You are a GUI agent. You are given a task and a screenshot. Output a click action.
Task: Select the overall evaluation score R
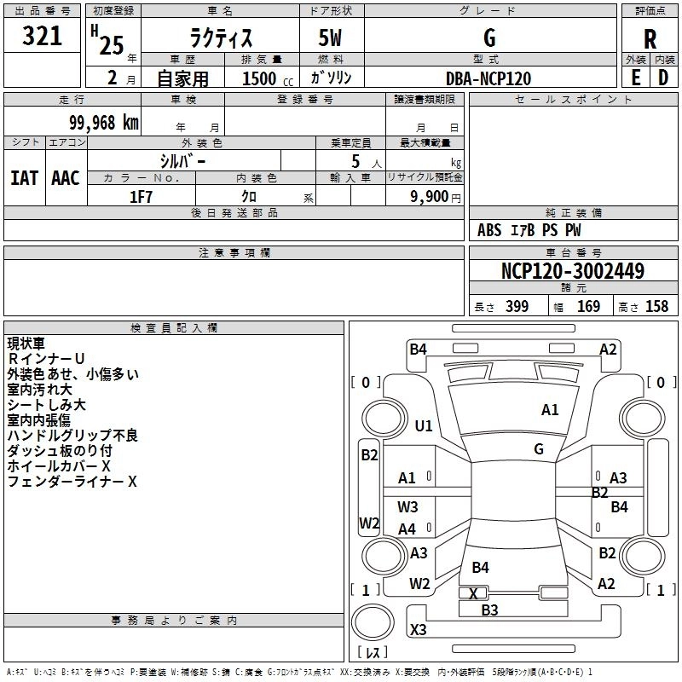(650, 39)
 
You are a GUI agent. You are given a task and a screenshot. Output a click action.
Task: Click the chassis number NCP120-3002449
(573, 271)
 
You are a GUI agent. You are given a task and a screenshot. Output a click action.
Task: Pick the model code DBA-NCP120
(488, 78)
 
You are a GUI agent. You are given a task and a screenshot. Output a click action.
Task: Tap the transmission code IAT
(24, 178)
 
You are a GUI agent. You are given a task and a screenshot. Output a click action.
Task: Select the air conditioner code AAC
(66, 178)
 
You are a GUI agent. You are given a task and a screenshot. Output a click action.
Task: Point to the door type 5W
(332, 39)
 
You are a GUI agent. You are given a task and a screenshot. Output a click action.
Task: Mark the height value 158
(656, 307)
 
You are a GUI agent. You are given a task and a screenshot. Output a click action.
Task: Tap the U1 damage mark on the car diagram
(424, 425)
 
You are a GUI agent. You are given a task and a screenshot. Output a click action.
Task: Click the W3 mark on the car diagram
(407, 506)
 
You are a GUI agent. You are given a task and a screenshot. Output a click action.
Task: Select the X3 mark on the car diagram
(418, 630)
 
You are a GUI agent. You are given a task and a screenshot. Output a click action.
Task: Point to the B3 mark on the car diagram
(489, 610)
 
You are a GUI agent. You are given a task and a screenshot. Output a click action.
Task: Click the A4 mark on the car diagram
(407, 529)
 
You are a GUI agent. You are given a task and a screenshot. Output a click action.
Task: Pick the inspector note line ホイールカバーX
(59, 466)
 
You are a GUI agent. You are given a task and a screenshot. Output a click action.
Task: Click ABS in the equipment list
(489, 230)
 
